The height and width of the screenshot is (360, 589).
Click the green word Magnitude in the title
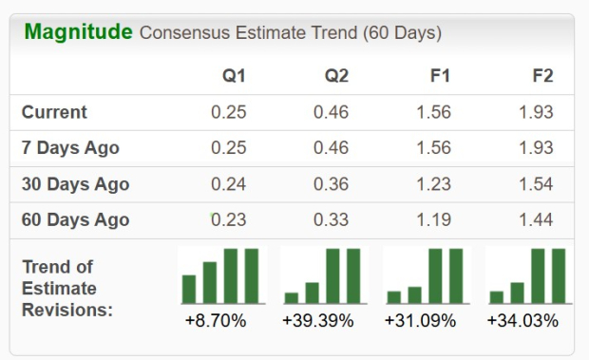click(x=78, y=31)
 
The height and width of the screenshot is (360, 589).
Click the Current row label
click(x=54, y=112)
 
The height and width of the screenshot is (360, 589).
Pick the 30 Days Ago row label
click(x=75, y=184)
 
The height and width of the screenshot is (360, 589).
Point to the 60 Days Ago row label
click(x=75, y=220)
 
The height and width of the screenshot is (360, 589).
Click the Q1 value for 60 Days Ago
click(x=229, y=220)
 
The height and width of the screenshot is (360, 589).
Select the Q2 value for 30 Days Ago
click(x=332, y=184)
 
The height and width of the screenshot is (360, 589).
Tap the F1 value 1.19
click(x=434, y=220)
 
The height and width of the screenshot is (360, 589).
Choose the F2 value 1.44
click(x=537, y=220)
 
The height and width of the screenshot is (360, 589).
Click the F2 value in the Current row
click(x=537, y=112)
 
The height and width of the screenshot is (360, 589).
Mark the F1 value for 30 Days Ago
click(x=434, y=184)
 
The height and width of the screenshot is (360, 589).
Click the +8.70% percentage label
click(x=216, y=321)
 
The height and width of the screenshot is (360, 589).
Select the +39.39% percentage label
click(x=318, y=321)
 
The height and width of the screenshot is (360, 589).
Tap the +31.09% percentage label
click(x=420, y=321)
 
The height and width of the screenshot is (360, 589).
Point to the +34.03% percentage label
click(x=522, y=321)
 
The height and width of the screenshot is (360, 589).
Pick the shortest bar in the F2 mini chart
click(x=496, y=296)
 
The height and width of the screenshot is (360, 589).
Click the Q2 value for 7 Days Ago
click(x=332, y=148)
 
